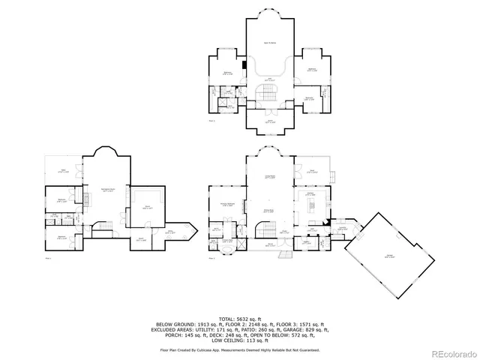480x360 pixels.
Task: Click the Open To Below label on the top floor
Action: (266, 43)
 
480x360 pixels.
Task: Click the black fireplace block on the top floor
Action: (244, 64)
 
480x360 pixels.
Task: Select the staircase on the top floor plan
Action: (266, 91)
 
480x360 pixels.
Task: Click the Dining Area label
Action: (266, 212)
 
